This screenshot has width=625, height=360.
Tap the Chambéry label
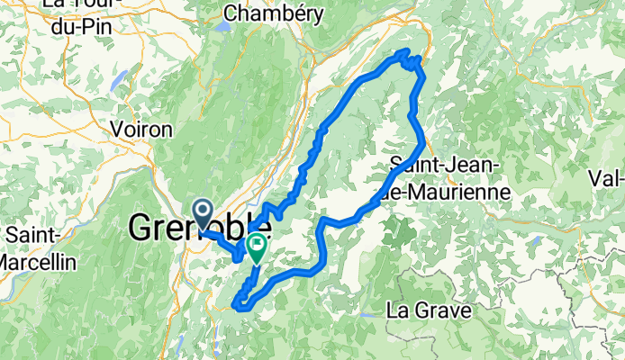click(x=266, y=13)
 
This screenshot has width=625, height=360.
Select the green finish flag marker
click(x=257, y=246)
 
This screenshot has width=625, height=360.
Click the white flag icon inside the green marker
click(x=257, y=243)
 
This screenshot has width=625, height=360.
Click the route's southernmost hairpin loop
click(x=241, y=304)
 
